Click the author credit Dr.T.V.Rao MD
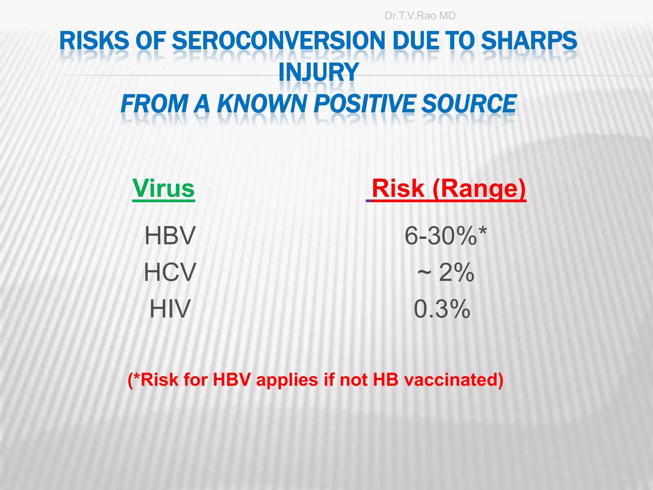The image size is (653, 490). pyautogui.click(x=420, y=16)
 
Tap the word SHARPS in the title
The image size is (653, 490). pyautogui.click(x=529, y=41)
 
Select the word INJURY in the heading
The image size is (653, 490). pyautogui.click(x=319, y=72)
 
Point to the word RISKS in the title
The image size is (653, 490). pyautogui.click(x=94, y=41)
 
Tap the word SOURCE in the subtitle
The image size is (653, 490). pyautogui.click(x=469, y=104)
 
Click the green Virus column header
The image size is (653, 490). pyautogui.click(x=163, y=189)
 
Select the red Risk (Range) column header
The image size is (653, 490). pyautogui.click(x=449, y=189)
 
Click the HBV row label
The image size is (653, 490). pyautogui.click(x=170, y=236)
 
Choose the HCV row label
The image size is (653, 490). pyautogui.click(x=170, y=272)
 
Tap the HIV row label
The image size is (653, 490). pyautogui.click(x=170, y=309)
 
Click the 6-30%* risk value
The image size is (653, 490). pyautogui.click(x=445, y=236)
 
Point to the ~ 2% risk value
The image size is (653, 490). pyautogui.click(x=446, y=272)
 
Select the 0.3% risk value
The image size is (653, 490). pyautogui.click(x=442, y=309)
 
